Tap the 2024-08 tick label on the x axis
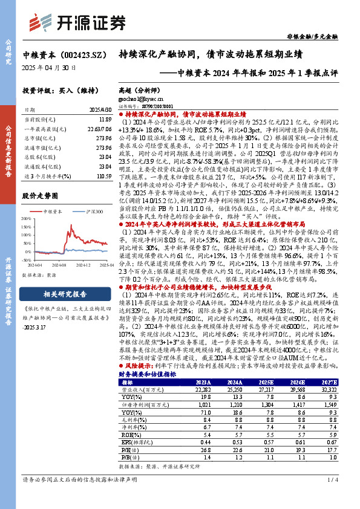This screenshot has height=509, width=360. click(x=59, y=265)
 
